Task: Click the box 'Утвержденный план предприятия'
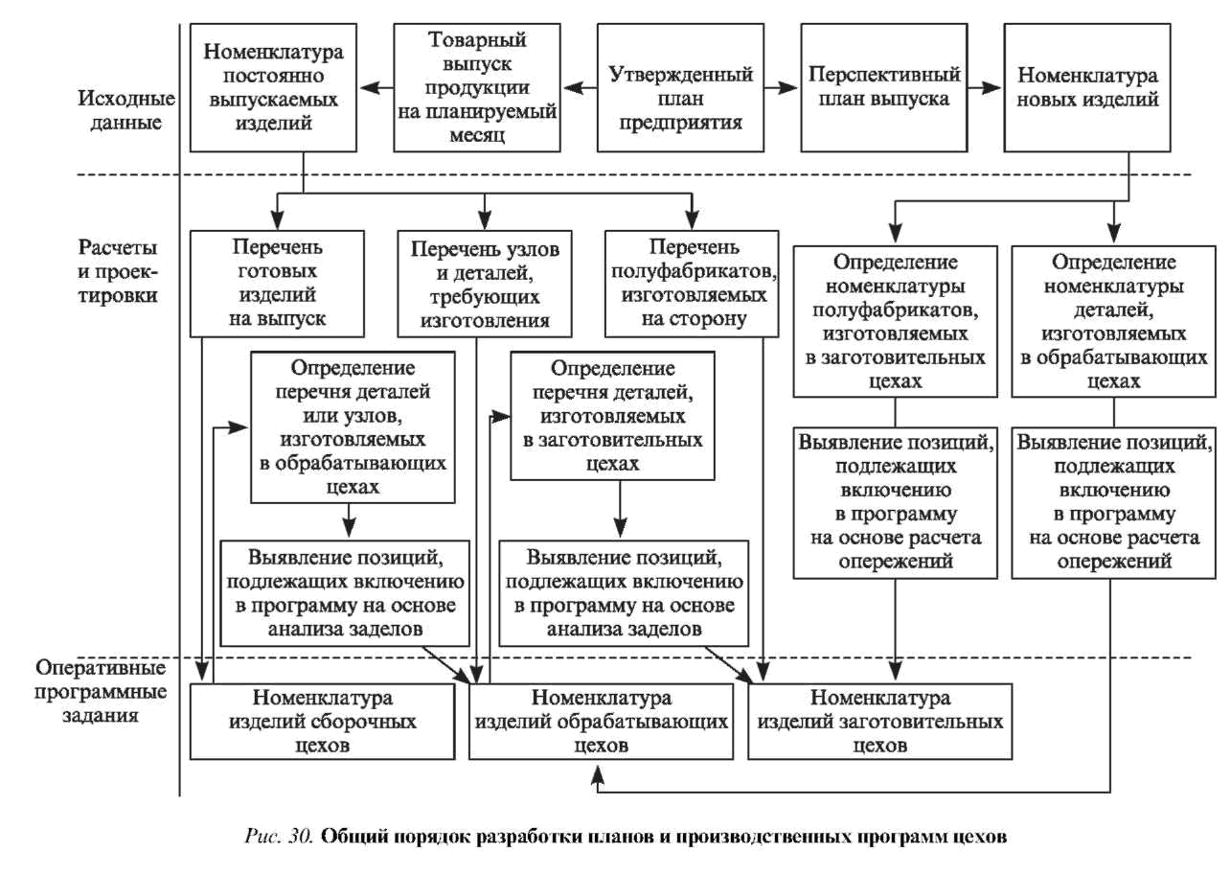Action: coord(681,87)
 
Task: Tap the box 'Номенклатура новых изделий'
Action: coord(1087,87)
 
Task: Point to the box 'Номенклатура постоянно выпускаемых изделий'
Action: coord(273,87)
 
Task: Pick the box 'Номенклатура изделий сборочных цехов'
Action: coord(322,720)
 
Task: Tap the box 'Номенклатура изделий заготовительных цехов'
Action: coord(879,721)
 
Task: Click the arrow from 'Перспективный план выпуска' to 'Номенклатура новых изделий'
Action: coord(982,88)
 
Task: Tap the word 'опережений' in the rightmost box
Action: coord(1113,562)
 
